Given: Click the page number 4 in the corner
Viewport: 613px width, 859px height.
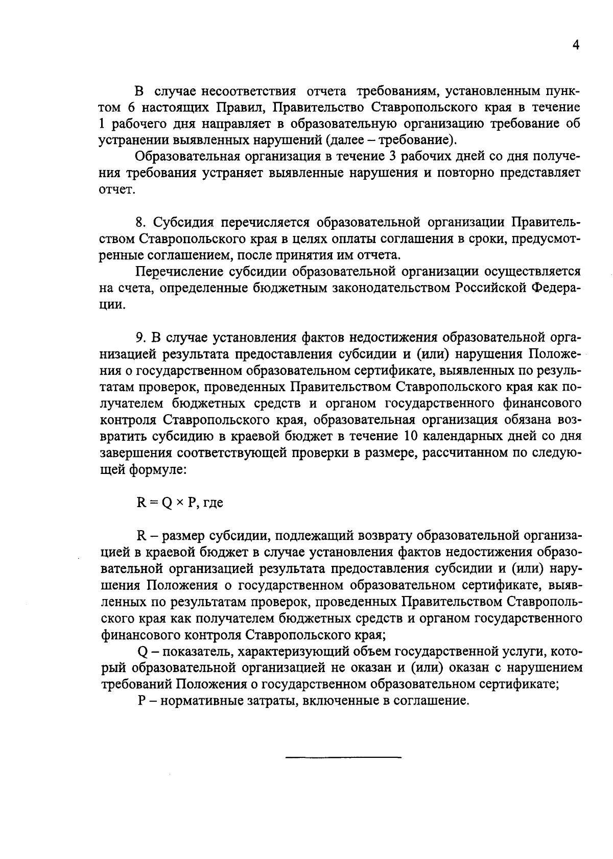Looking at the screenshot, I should click(x=576, y=45).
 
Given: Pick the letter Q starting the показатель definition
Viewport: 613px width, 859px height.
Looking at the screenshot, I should click(x=143, y=652).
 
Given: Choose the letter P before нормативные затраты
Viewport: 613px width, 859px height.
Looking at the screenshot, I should click(x=142, y=701).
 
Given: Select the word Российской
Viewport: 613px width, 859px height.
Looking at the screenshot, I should click(x=489, y=288).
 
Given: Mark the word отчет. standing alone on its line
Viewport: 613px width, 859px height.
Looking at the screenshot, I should click(x=116, y=190).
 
